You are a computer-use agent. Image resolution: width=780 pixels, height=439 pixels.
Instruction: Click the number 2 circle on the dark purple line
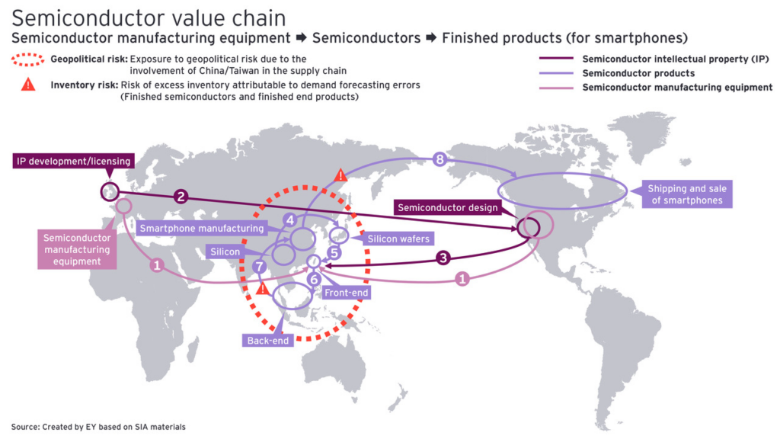pyautogui.click(x=181, y=196)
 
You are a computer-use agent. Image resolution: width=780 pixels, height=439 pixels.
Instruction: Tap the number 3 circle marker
pyautogui.click(x=443, y=258)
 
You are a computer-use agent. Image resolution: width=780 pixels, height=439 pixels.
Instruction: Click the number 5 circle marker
pyautogui.click(x=313, y=279)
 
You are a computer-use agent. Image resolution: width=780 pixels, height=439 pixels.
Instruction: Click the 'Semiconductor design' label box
pyautogui.click(x=448, y=207)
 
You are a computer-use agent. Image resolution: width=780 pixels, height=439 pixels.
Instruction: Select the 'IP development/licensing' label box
pyautogui.click(x=74, y=161)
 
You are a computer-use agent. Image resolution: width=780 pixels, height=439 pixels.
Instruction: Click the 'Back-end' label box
pyautogui.click(x=268, y=341)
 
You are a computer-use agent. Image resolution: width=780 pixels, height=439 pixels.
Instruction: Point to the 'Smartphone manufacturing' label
pyautogui.click(x=202, y=228)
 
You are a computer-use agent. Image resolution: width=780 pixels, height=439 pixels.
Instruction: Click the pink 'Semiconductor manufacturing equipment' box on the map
pyautogui.click(x=77, y=249)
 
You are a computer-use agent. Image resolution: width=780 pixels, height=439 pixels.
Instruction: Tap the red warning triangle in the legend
pyautogui.click(x=28, y=85)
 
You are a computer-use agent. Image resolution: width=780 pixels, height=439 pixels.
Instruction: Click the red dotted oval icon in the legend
pyautogui.click(x=28, y=59)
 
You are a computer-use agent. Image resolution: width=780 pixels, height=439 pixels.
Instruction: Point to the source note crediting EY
pyautogui.click(x=98, y=427)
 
